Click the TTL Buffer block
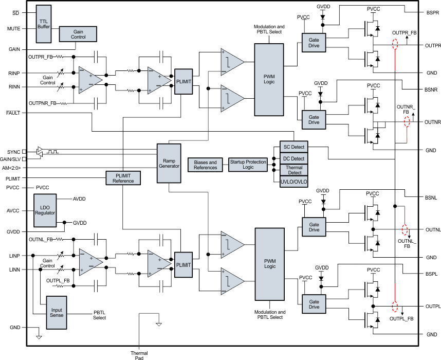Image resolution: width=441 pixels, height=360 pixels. [44, 24]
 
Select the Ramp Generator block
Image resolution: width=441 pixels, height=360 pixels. [169, 163]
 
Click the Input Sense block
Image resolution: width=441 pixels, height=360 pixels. [57, 313]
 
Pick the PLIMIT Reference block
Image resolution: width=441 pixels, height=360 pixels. [123, 177]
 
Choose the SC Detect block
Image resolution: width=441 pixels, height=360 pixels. [294, 147]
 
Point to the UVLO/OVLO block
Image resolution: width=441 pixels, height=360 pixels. [294, 183]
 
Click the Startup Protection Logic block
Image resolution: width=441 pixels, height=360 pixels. [248, 165]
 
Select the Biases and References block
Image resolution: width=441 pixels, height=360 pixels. [206, 165]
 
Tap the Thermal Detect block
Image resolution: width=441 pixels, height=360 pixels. [294, 170]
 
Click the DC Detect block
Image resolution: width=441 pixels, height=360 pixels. [294, 158]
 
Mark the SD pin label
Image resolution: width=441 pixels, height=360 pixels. [16, 12]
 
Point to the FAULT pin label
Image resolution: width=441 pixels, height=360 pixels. [13, 112]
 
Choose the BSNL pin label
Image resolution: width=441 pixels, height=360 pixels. [431, 197]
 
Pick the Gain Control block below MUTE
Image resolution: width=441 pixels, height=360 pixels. [78, 34]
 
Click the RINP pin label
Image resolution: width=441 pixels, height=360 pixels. [14, 73]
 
